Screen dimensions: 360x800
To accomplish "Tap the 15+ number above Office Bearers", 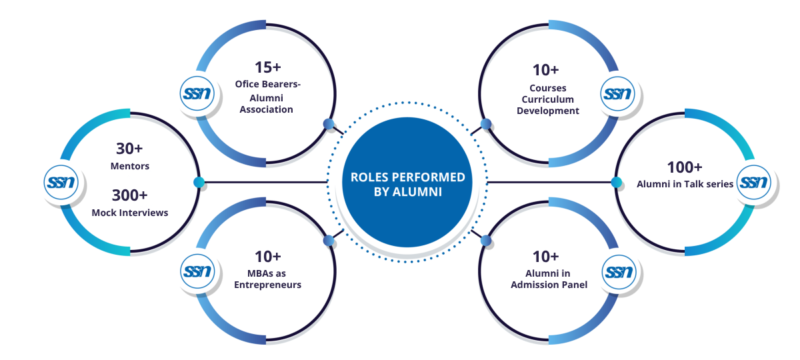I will [267, 67].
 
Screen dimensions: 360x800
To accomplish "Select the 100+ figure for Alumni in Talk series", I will [685, 167].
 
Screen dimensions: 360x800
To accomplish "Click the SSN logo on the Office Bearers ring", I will [195, 93].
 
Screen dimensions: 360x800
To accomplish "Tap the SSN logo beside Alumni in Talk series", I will [753, 181].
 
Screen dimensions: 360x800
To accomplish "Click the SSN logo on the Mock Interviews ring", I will [61, 181].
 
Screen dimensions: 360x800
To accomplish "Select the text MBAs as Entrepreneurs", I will [267, 279].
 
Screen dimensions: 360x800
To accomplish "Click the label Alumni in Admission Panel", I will [549, 279].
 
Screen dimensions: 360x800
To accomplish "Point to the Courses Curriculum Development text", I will [548, 99].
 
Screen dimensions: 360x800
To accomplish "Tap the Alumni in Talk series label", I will [685, 184].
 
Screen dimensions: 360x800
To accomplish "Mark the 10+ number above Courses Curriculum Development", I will [545, 70].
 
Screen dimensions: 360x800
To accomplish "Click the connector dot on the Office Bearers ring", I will [328, 123].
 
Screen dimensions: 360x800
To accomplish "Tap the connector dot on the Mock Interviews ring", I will [199, 182].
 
